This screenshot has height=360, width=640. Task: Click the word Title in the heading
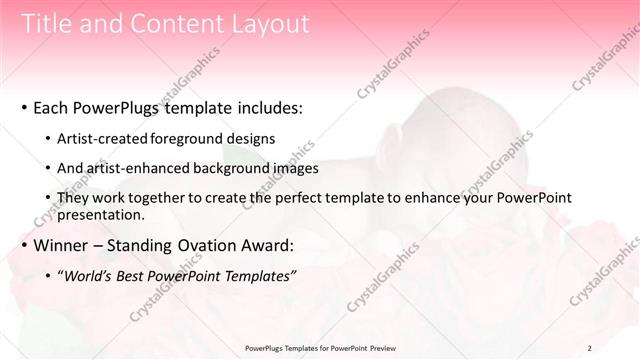[45, 24]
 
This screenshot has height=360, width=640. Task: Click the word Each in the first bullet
[52, 107]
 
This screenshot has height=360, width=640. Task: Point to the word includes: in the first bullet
[264, 107]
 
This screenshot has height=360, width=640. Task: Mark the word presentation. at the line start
[101, 214]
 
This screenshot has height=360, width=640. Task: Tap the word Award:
[267, 245]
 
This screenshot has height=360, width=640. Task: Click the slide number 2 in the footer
[590, 348]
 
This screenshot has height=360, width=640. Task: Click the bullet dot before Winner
[22, 246]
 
